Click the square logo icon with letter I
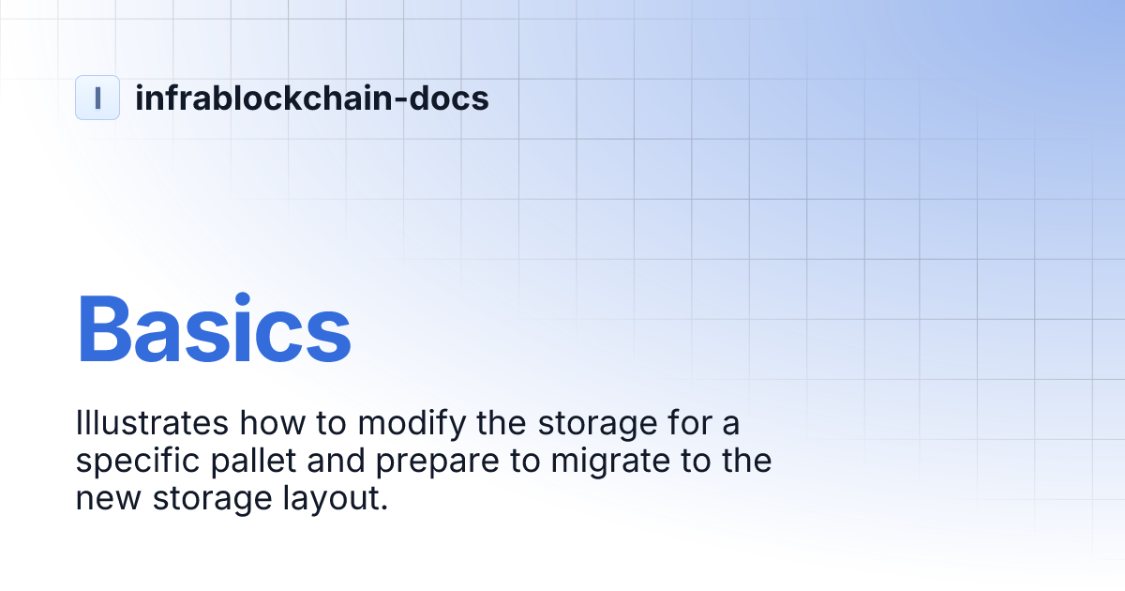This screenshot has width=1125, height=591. point(97,98)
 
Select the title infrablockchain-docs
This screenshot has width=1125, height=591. point(311,98)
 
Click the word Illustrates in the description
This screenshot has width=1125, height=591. point(151,423)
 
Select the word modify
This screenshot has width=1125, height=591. point(408,423)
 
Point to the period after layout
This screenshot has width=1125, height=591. point(382,508)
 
